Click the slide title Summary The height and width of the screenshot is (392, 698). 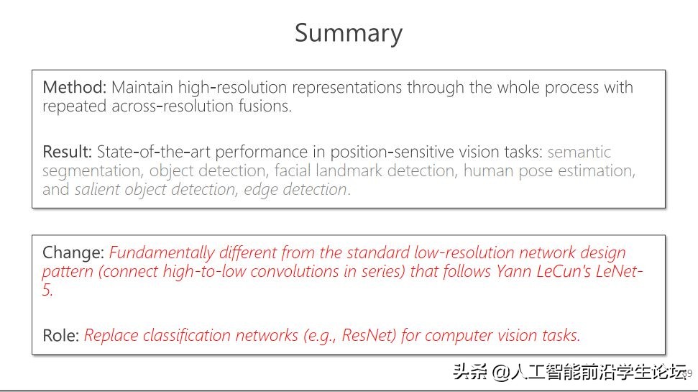[349, 34]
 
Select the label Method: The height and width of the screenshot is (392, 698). [74, 88]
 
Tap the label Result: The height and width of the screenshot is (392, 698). [68, 152]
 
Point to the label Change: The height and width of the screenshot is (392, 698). [73, 253]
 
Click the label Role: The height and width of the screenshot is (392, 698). [61, 335]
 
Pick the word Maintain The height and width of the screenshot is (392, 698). [141, 88]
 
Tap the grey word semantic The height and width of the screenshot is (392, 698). [579, 152]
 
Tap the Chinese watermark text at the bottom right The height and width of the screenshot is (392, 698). [568, 373]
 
